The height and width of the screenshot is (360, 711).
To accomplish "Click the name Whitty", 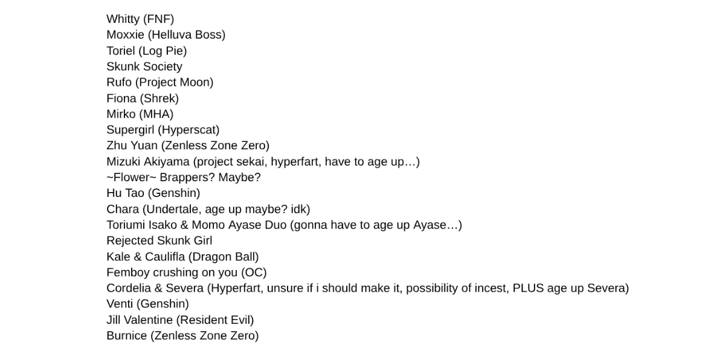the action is click(123, 19).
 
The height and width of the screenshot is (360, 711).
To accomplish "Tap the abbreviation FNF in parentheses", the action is click(159, 19).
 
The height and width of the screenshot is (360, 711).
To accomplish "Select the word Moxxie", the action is click(125, 35).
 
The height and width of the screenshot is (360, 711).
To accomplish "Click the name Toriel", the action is click(121, 51).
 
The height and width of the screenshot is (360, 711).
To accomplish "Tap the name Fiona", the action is click(121, 98).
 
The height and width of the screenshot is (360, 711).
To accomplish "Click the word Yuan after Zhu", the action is click(144, 146).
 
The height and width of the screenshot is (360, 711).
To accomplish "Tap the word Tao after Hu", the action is click(135, 194).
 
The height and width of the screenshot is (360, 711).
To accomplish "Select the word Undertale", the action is click(173, 210).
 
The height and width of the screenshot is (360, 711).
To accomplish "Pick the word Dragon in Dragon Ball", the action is click(207, 257).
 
